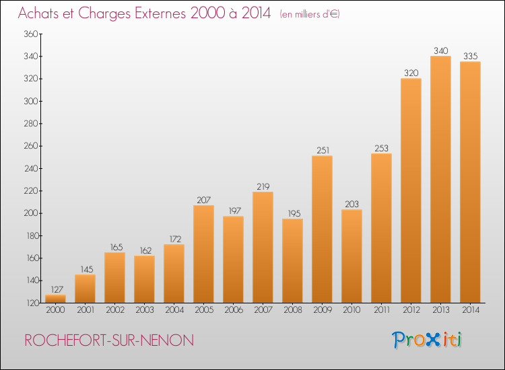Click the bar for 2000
tap(55, 299)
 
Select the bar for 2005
tap(203, 254)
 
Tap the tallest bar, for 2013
tap(440, 180)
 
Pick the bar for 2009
tap(322, 229)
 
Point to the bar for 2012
tap(411, 191)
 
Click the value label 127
tap(57, 289)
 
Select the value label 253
tap(381, 148)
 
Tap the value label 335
tap(470, 57)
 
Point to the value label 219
tap(263, 186)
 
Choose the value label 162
tap(145, 251)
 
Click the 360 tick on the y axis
tap(31, 34)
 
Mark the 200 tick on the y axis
tap(31, 213)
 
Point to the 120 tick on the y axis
tap(32, 303)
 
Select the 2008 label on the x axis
tap(293, 310)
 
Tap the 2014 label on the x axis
tap(471, 310)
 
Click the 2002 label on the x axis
tap(115, 310)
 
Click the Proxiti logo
tap(427, 340)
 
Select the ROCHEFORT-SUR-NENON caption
tap(109, 340)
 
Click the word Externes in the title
tap(160, 13)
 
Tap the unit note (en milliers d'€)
tap(310, 14)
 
